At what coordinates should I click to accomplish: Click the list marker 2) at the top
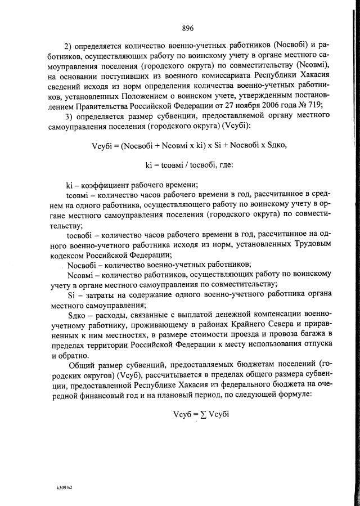click(70, 45)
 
